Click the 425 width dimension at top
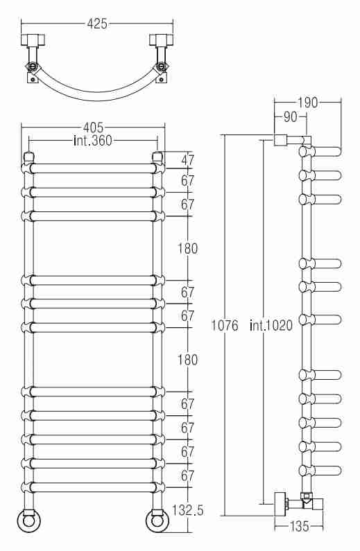97,24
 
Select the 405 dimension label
93,127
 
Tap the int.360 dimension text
93,140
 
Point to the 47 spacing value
188,160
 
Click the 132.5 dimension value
188,510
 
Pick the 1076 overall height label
225,325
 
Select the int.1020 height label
271,325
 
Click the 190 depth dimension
307,103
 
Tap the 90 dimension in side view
290,117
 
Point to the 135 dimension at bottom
300,526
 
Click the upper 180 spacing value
187,248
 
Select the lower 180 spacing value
187,360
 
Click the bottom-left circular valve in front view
29,520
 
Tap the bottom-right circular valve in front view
158,520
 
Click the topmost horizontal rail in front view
93,168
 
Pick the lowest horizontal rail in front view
93,487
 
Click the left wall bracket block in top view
33,40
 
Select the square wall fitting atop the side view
280,140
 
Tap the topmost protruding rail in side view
320,152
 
